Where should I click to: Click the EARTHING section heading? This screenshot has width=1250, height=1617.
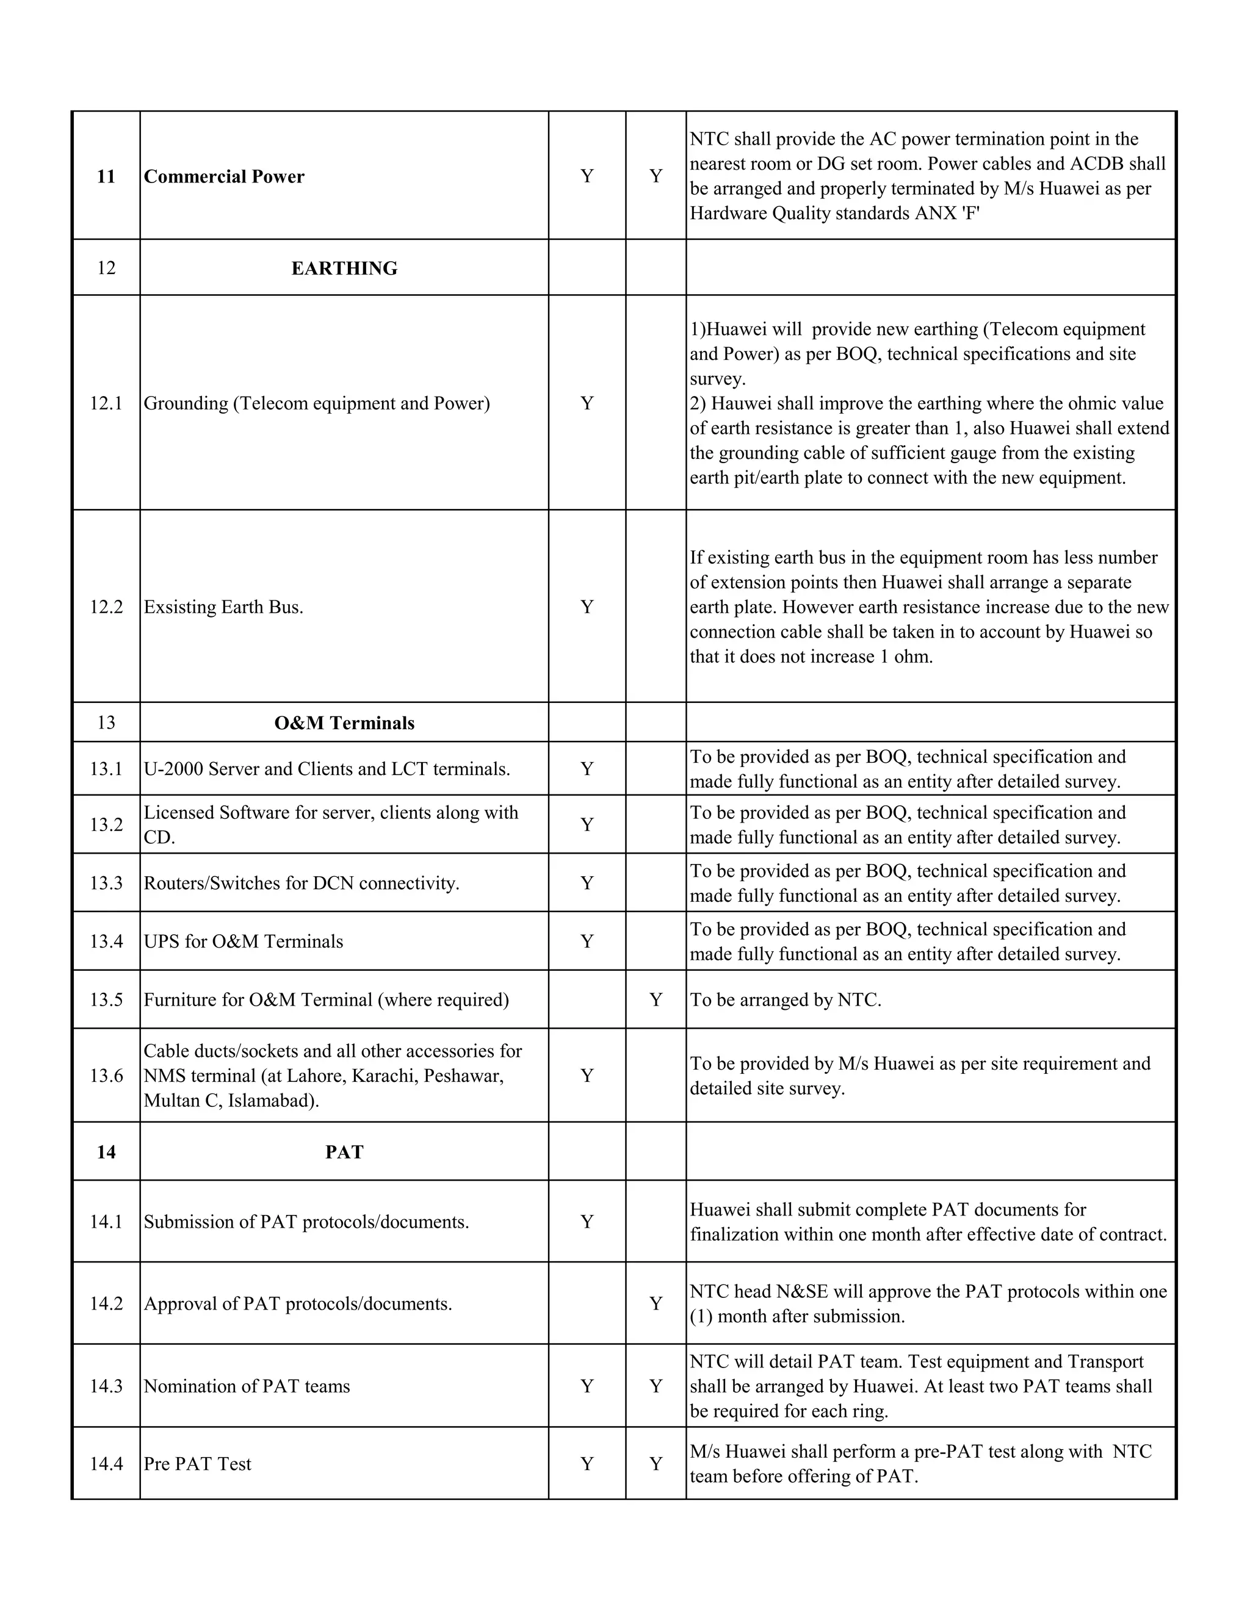[x=344, y=268]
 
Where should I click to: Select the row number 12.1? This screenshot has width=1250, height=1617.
[x=106, y=403]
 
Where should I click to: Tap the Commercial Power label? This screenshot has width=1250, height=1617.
[x=223, y=176]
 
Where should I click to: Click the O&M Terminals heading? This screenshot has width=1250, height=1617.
[x=344, y=722]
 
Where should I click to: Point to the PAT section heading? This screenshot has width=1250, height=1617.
[x=344, y=1152]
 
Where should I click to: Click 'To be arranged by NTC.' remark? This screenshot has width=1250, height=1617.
[x=785, y=1000]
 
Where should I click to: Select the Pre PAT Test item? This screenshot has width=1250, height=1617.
[x=198, y=1464]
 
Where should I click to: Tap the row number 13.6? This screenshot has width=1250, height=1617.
[x=106, y=1076]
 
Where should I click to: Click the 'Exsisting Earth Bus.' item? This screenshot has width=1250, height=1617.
[x=223, y=607]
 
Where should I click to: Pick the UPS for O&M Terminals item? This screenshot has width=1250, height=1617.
[x=244, y=942]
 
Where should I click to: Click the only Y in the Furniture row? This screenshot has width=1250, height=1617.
[x=656, y=1000]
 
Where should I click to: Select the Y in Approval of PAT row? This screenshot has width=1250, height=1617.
[x=656, y=1303]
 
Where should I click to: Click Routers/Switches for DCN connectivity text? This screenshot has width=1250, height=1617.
[x=302, y=884]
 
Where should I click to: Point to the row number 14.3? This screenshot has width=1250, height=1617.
[x=106, y=1386]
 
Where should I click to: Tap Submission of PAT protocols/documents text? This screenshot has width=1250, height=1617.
[x=306, y=1222]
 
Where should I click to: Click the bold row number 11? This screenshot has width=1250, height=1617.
[x=106, y=176]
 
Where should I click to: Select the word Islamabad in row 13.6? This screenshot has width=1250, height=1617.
[x=271, y=1101]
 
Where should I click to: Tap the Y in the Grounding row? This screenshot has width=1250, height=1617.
[x=587, y=403]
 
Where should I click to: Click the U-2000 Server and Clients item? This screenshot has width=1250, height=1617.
[x=327, y=769]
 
